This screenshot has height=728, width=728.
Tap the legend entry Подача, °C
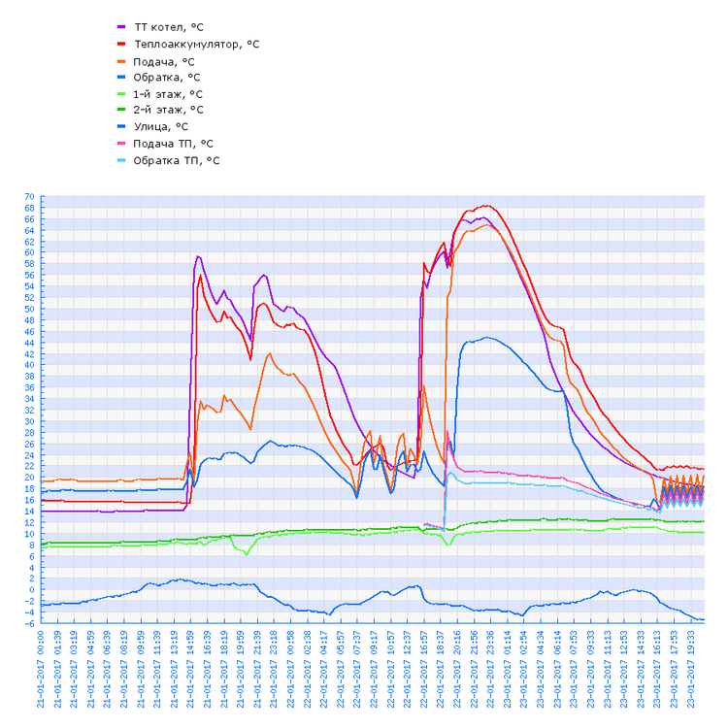164,60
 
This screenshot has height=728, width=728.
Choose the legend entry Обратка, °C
167,77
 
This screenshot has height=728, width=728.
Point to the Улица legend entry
161,126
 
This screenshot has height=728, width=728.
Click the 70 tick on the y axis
29,197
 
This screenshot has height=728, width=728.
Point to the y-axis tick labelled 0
32,589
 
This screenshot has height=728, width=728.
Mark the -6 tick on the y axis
30,623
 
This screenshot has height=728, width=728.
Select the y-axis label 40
29,365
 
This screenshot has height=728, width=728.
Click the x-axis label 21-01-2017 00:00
41,669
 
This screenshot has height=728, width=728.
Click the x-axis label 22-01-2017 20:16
457,669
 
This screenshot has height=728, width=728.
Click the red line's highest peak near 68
486,206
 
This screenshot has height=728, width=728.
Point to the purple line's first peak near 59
198,256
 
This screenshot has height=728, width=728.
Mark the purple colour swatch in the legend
121,27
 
